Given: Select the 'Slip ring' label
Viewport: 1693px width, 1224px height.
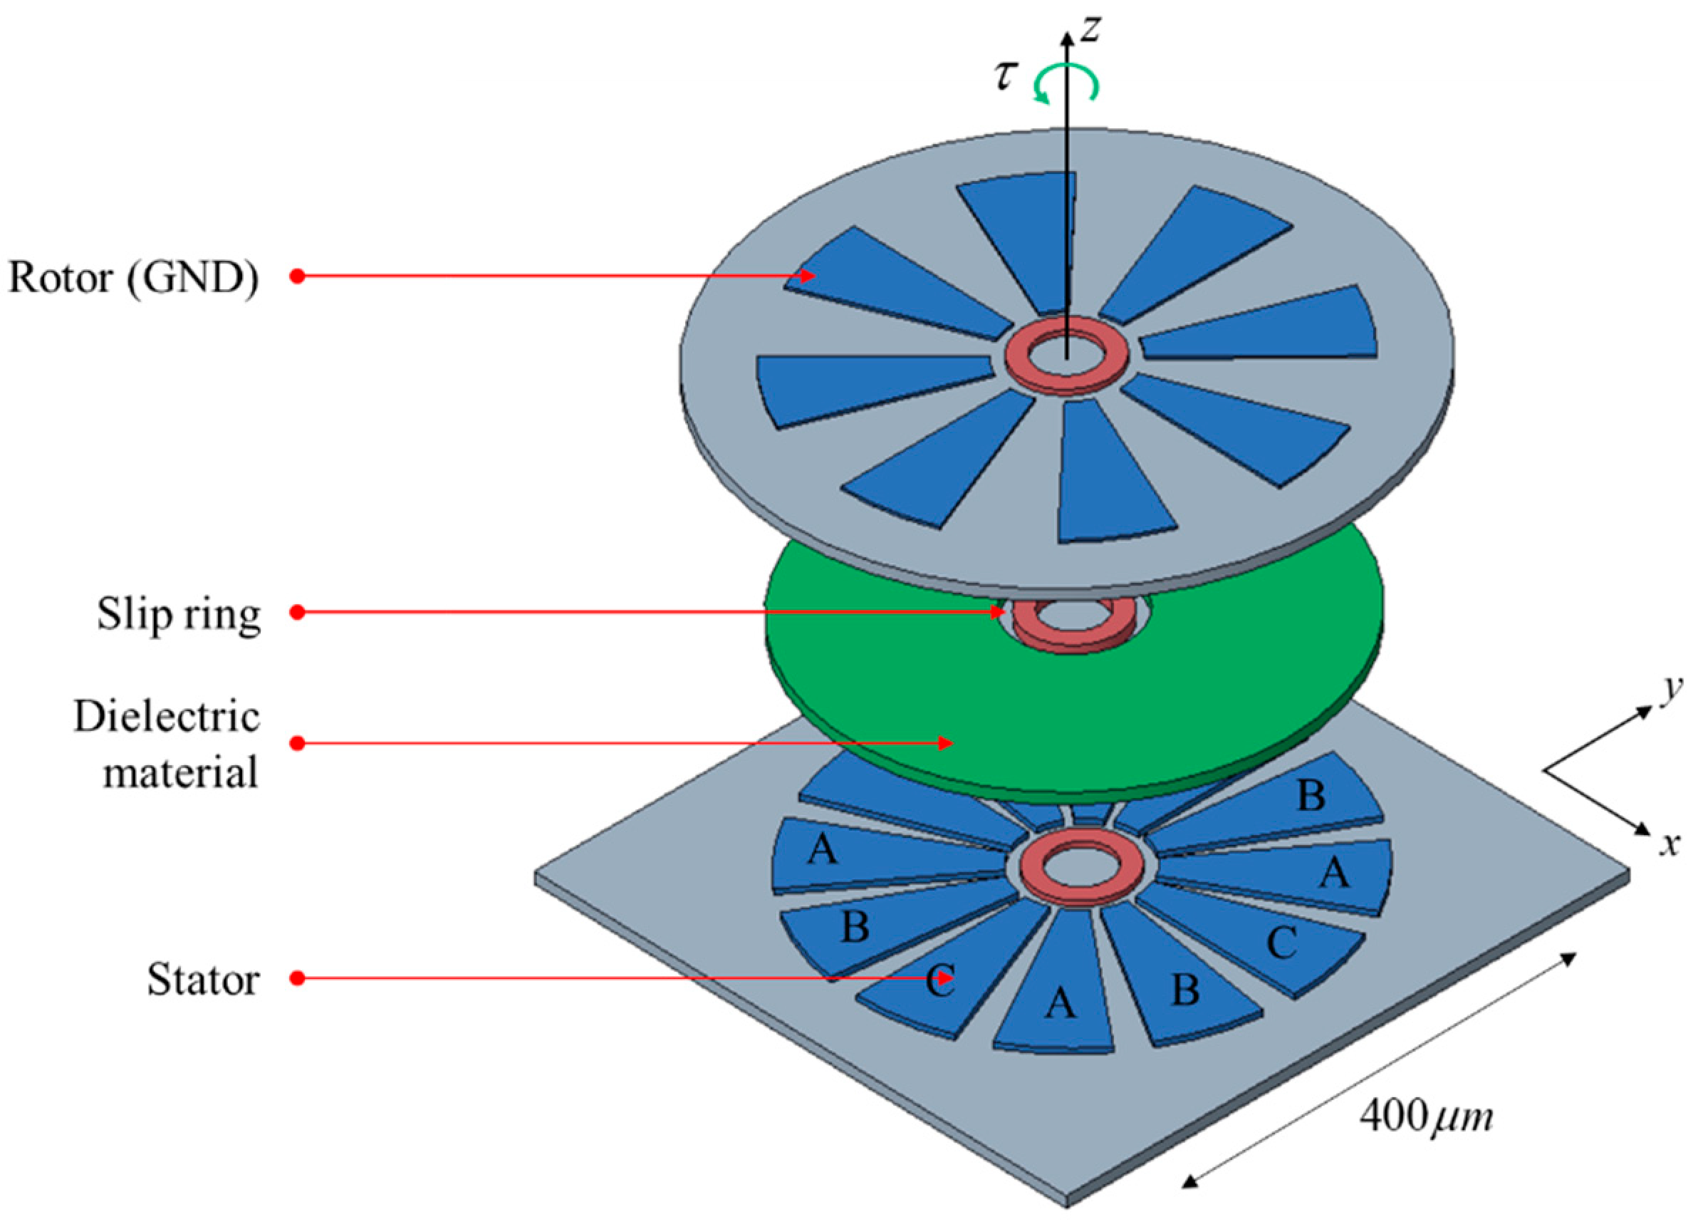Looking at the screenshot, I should point(179,616).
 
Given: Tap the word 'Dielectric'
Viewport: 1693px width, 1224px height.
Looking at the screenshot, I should point(167,717).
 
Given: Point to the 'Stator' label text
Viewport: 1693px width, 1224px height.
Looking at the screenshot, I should point(203,979).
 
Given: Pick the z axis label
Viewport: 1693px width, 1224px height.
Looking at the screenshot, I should point(1090,30).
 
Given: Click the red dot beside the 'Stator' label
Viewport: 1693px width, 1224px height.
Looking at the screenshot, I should point(297,978).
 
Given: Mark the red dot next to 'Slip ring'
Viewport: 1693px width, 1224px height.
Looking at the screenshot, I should point(297,613).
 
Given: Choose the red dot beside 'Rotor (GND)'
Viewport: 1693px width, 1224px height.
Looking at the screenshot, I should point(297,276).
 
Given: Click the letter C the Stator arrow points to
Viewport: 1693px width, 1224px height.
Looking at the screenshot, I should point(940,980).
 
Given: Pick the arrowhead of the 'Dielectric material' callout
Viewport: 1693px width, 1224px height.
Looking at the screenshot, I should point(946,743).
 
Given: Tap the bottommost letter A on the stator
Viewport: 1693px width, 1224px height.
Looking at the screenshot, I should point(1060,1002).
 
